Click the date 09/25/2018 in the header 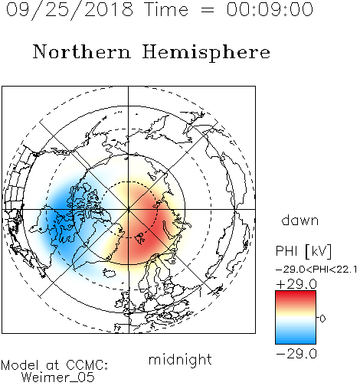[x=70, y=10]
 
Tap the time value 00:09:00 [x=270, y=9]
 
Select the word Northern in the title [x=82, y=51]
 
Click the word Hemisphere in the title [x=206, y=53]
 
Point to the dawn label [x=300, y=221]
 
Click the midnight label [x=180, y=360]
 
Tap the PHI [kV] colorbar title [x=303, y=251]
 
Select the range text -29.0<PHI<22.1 [x=316, y=270]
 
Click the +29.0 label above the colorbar [x=296, y=284]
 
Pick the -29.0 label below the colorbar [x=296, y=354]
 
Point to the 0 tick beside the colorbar [x=322, y=319]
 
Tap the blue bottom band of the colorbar [x=296, y=338]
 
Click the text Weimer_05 [x=58, y=378]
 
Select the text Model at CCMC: [x=54, y=365]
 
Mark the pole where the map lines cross [x=129, y=209]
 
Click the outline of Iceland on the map [x=110, y=273]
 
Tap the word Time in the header [x=166, y=10]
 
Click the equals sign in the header [x=208, y=10]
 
